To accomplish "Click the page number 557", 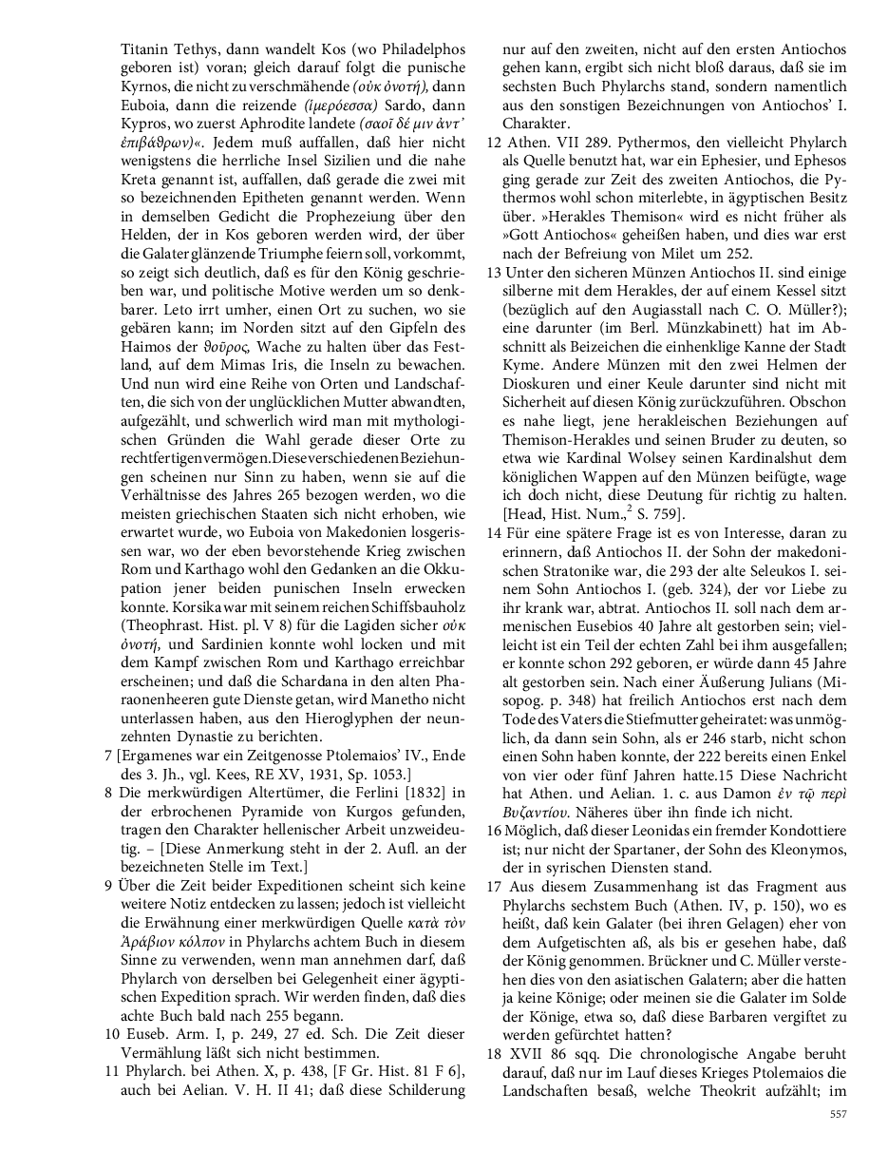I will tap(837, 1113).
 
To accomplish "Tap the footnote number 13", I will tap(493, 272).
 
